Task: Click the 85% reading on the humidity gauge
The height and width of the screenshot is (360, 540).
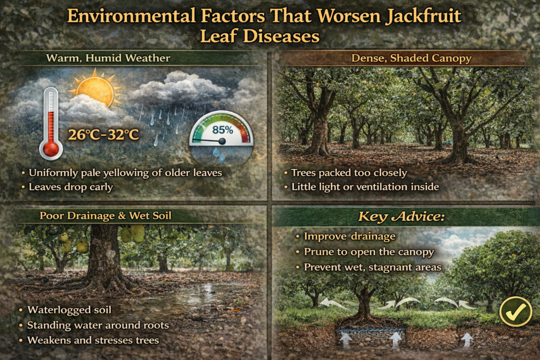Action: [221, 129]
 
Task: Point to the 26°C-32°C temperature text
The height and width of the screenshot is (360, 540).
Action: [104, 135]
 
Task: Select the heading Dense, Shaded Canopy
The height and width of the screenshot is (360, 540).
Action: [404, 58]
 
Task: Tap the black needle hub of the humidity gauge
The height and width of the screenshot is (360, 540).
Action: [222, 141]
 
